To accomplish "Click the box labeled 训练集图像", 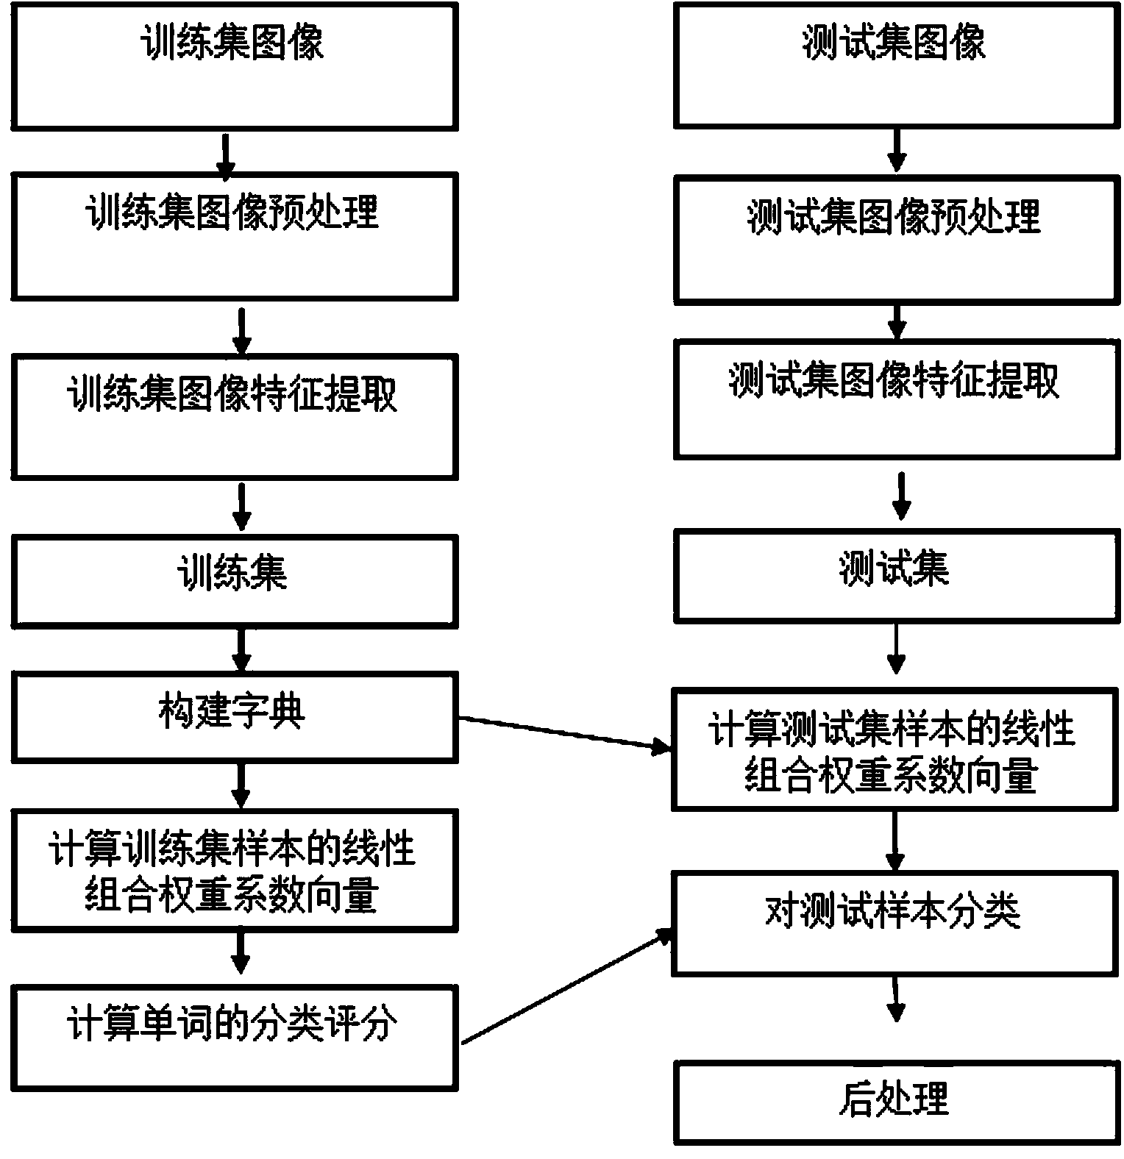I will (234, 66).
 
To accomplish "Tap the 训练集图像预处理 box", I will (234, 236).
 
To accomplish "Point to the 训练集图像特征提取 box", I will (234, 416).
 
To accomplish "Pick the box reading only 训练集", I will (234, 581).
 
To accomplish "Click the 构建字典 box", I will (234, 716).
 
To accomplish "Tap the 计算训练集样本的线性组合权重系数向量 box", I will (234, 870).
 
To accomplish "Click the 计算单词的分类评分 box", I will (234, 1037).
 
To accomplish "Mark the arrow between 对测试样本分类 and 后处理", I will (895, 999).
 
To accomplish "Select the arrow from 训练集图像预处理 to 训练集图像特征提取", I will (241, 329).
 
